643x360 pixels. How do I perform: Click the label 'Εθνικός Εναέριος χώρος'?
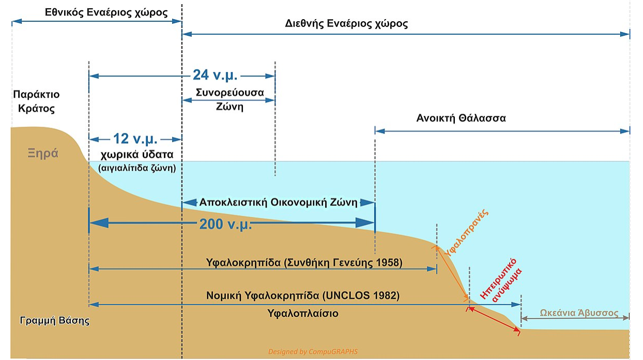(x=106, y=12)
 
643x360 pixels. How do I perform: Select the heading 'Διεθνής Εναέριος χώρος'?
(x=346, y=24)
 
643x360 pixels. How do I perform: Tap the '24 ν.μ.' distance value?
(x=215, y=75)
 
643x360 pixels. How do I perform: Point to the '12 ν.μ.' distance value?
(x=135, y=139)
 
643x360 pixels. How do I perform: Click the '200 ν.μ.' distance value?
(x=226, y=224)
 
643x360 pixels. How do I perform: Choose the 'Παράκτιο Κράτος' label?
(x=37, y=101)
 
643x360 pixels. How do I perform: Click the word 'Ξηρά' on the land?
(x=43, y=153)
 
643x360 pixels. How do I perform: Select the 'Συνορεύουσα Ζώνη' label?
(x=229, y=99)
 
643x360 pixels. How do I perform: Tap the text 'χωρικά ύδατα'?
(x=137, y=155)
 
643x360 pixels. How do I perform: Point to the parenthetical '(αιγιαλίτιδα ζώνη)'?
(x=137, y=168)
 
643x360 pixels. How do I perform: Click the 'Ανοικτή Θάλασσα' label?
(x=461, y=118)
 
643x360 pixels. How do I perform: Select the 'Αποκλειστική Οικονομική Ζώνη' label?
(x=279, y=202)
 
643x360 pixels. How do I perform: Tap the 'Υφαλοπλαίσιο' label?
(x=303, y=313)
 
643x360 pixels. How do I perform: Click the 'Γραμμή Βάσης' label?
(x=55, y=321)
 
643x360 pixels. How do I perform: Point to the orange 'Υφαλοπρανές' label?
(x=466, y=233)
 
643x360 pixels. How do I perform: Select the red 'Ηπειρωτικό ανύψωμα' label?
(x=501, y=280)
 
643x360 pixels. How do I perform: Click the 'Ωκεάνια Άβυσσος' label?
(x=579, y=312)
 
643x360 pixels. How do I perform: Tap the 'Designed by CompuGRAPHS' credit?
(x=313, y=352)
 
